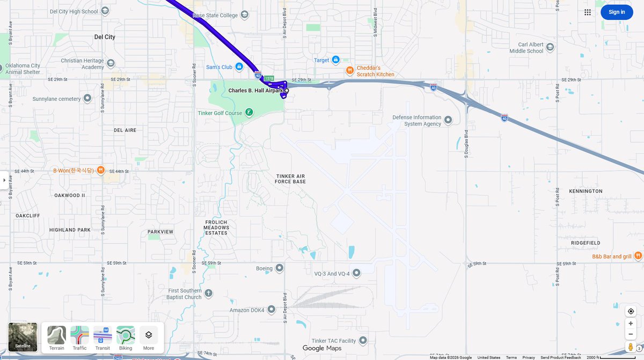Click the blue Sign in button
point(617,12)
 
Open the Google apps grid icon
point(588,12)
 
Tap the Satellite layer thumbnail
point(23,337)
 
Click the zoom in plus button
point(631,324)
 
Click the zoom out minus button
point(631,334)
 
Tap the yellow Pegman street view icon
point(631,347)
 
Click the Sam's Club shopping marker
point(239,67)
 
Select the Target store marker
point(335,60)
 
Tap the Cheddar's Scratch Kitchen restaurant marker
point(349,70)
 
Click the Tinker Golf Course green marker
point(249,112)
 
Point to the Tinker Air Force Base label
point(291,179)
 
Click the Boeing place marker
point(279,268)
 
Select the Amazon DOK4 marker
point(271,309)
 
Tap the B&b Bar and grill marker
point(638,255)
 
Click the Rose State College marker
point(244,15)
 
